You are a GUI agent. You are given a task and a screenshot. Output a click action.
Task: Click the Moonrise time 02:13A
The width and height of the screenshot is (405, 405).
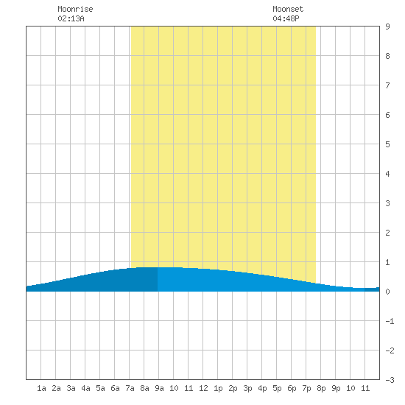(71, 18)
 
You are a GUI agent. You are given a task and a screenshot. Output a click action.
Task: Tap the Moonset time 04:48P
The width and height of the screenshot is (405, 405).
(286, 18)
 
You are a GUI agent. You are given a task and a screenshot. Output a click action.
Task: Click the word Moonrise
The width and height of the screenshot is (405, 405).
(75, 9)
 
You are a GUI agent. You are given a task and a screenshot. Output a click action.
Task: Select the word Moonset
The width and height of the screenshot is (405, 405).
(288, 9)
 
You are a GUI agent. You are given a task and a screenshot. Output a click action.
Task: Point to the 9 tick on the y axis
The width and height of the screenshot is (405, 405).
(387, 27)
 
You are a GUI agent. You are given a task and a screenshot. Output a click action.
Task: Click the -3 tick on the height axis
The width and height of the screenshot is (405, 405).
(390, 380)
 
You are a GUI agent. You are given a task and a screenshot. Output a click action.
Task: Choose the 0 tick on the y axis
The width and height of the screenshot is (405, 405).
(387, 292)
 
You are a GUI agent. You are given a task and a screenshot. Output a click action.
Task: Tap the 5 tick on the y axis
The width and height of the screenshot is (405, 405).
(387, 144)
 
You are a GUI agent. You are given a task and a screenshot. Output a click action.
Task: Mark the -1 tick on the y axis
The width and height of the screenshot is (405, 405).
(390, 321)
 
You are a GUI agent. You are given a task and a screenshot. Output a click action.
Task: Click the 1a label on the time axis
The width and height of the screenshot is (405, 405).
(41, 388)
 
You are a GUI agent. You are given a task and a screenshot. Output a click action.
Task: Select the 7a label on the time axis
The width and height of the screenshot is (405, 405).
(130, 388)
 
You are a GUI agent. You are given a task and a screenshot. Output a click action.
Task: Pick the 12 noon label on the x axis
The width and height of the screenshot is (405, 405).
(203, 388)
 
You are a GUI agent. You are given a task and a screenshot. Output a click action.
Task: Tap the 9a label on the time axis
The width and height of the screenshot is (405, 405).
(159, 388)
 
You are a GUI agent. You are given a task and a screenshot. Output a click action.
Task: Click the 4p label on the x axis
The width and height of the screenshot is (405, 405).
(262, 388)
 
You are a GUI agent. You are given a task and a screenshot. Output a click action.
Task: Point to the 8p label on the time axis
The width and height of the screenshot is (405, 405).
(321, 388)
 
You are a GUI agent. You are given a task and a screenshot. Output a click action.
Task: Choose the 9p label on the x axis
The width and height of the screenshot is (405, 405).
(336, 388)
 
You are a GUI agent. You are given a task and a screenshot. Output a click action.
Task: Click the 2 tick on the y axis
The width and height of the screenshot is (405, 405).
(387, 233)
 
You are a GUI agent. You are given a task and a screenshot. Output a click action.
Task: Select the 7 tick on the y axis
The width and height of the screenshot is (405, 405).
(387, 85)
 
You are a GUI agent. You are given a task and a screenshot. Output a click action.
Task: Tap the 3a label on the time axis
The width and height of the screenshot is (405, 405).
(71, 388)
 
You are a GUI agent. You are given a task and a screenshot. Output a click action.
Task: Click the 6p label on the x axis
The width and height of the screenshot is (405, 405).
(292, 388)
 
